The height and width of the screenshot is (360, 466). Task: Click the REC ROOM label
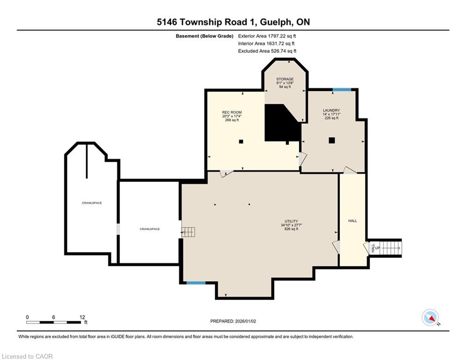tap(232, 112)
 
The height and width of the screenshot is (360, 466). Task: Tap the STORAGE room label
tap(285, 79)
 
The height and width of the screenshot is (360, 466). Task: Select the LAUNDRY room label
tap(332, 110)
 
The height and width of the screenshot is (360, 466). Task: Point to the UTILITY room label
tap(291, 221)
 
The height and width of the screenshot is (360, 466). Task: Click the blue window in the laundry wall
tap(341, 90)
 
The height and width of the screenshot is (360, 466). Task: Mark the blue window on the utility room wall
tap(196, 283)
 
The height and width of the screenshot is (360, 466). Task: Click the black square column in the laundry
tap(332, 141)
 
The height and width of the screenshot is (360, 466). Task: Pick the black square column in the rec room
tap(241, 142)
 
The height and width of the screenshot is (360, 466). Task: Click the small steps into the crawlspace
tap(188, 232)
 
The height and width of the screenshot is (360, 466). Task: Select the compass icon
tap(430, 317)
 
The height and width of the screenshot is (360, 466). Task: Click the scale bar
tap(53, 322)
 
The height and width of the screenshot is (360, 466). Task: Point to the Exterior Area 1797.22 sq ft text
tap(267, 36)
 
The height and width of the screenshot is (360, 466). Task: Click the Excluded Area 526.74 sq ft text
tap(267, 51)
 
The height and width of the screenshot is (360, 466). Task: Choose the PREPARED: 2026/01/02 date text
tap(233, 321)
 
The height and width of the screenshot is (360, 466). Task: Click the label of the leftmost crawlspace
tap(92, 203)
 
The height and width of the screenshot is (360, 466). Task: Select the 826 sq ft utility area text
tap(291, 229)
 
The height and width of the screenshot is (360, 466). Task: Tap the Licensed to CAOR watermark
tap(27, 356)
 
